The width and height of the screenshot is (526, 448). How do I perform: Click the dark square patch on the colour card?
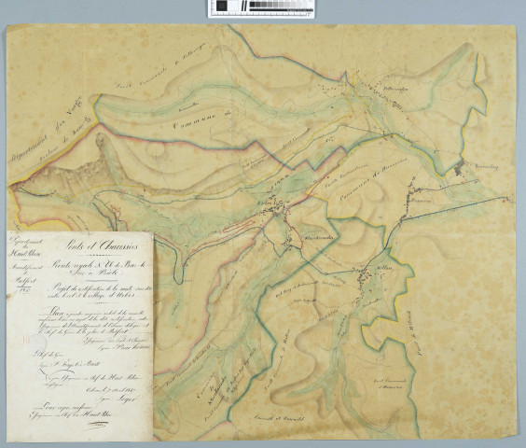click(x=221, y=7)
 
